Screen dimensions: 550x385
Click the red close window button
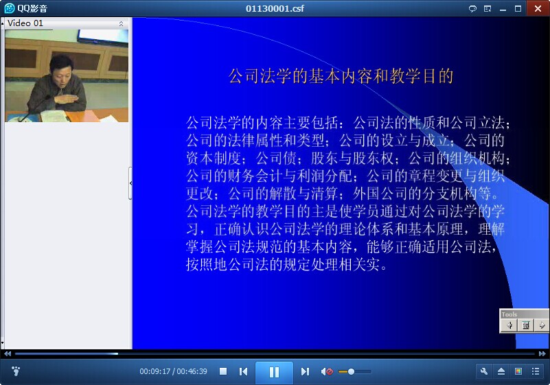[538, 8]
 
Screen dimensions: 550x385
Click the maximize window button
[518, 9]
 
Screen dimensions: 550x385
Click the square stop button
[223, 371]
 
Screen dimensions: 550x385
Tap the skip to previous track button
[243, 371]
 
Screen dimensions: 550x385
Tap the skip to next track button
[305, 371]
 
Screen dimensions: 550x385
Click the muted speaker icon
[327, 371]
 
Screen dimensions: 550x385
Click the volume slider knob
[351, 371]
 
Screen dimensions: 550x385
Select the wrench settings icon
[484, 371]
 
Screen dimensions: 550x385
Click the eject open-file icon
[501, 371]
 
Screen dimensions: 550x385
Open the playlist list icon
[536, 371]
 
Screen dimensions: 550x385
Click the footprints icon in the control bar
[16, 371]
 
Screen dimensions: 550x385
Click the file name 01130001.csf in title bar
[275, 8]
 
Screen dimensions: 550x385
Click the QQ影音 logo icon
[10, 8]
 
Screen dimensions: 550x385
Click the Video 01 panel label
[25, 23]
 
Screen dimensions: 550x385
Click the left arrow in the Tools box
[509, 325]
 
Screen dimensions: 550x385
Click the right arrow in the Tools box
[542, 325]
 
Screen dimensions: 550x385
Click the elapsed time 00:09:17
[154, 371]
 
